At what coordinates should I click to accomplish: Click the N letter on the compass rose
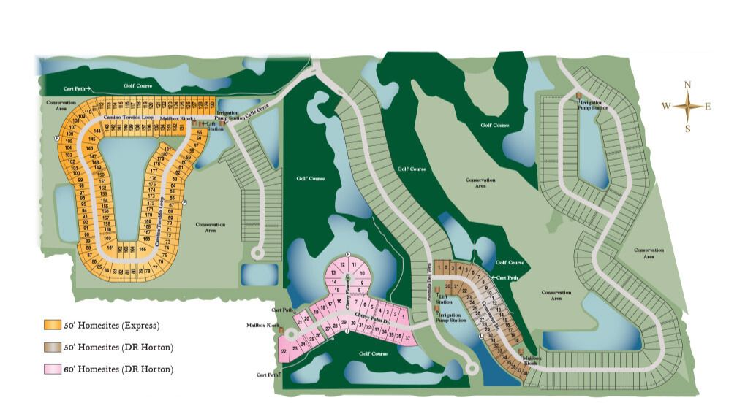coord(687,85)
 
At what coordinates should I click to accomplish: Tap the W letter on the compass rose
coord(666,107)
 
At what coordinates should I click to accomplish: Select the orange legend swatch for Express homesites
coord(51,325)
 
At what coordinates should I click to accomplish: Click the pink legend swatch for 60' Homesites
coord(51,369)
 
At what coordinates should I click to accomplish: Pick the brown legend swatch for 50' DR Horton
coord(51,347)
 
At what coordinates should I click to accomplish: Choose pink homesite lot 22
coord(284,352)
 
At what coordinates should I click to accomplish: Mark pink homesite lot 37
coord(407,338)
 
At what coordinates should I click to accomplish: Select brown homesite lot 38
coord(524,372)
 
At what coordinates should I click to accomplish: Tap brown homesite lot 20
coord(447,287)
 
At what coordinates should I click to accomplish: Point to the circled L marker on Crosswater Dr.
coord(480,337)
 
